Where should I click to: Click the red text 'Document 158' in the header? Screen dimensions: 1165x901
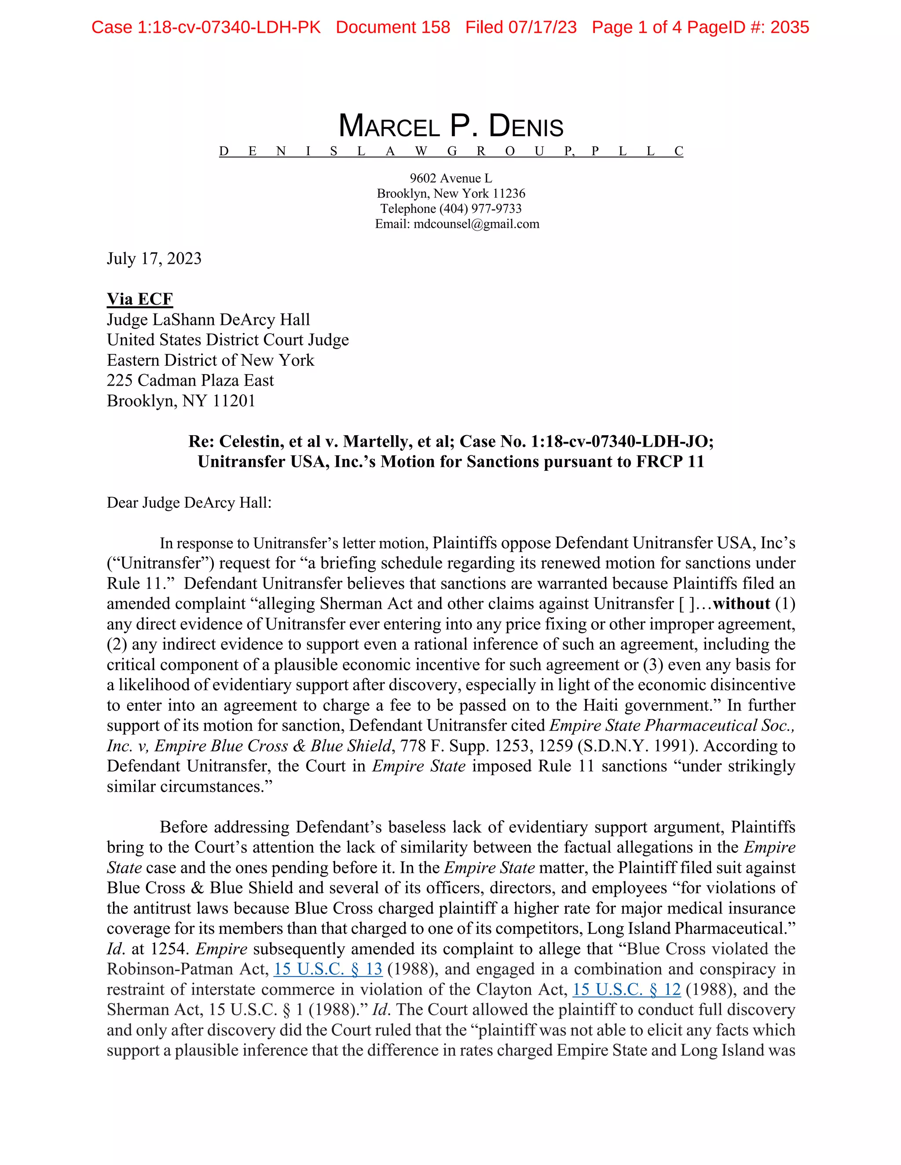[x=393, y=27]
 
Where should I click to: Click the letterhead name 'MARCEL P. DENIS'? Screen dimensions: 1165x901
[x=450, y=127]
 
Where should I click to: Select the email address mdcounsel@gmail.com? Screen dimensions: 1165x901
[x=476, y=224]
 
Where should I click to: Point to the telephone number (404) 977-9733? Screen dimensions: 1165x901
[x=480, y=208]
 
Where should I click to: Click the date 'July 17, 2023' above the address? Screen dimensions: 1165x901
[x=154, y=258]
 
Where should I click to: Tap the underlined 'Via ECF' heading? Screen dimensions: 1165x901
[x=140, y=299]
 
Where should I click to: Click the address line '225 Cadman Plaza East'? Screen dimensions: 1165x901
[x=190, y=380]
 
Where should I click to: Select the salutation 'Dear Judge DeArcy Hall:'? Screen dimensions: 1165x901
[x=189, y=503]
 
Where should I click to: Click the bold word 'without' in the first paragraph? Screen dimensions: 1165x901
[x=741, y=604]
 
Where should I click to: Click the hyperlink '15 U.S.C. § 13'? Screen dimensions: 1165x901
[x=328, y=969]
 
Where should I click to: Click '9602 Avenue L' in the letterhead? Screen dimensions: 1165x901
[x=450, y=178]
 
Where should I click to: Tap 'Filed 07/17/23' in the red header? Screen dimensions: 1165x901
[x=520, y=27]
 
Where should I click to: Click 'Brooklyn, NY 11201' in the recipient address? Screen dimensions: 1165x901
[x=181, y=400]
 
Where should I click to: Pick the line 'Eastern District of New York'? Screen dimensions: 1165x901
[x=210, y=360]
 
